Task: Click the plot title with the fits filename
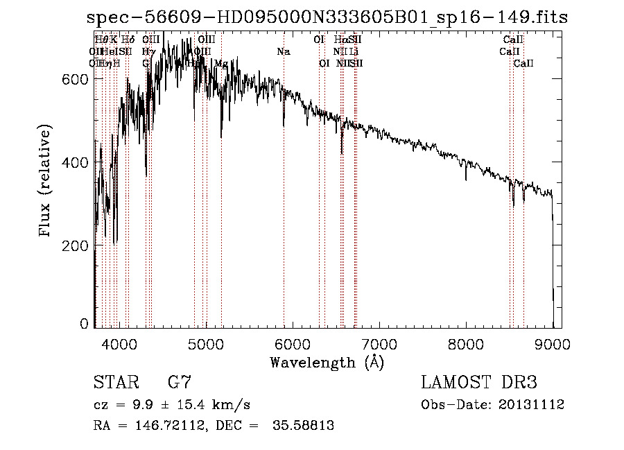(327, 18)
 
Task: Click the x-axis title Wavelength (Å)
(327, 362)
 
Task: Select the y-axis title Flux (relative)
(46, 182)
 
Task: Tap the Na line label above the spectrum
(283, 51)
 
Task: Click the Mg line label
(221, 63)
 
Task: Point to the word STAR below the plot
(114, 383)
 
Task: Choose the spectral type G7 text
(180, 383)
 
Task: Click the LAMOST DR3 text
(479, 383)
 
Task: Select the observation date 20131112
(535, 404)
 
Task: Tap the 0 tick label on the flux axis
(84, 324)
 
